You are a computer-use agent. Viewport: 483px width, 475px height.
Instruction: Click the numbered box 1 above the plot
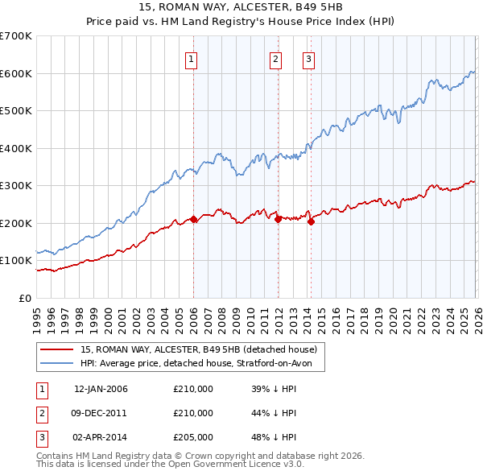192,58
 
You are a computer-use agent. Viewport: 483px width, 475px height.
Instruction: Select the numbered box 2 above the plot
275,58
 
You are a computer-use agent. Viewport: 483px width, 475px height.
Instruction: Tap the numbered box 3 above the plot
308,58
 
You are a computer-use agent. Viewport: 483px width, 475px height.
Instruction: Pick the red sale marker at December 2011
278,219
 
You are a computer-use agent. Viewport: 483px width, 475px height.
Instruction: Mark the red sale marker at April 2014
311,221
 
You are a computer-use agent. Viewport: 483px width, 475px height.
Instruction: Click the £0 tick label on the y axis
26,298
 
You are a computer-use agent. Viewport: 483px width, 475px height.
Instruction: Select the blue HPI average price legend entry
201,364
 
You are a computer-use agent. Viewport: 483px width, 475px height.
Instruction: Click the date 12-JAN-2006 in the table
101,390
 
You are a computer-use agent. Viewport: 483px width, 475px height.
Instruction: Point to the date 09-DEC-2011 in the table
101,413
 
